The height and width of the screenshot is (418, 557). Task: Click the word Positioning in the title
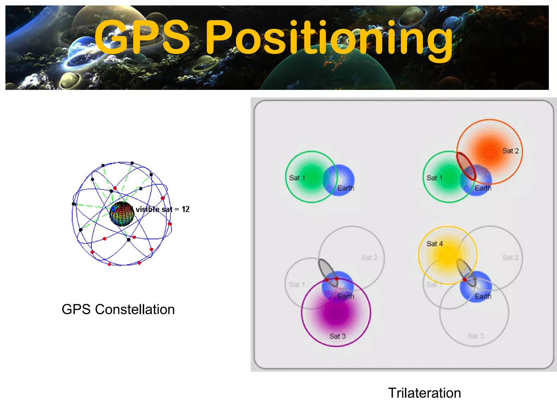coord(329,38)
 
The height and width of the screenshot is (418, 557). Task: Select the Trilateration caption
coord(424,393)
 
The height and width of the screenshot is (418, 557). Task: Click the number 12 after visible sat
coord(185,209)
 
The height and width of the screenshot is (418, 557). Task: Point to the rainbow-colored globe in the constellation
coord(122,214)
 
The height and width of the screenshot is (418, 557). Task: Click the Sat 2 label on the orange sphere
coord(510,151)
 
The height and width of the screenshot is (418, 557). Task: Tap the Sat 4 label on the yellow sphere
coord(434,244)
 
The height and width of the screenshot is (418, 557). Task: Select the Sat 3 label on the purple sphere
coord(337,336)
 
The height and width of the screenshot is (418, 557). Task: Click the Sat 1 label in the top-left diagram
coord(297,178)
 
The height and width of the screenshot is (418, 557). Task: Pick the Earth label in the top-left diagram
coord(346,188)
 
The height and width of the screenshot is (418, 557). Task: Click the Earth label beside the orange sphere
coord(483,188)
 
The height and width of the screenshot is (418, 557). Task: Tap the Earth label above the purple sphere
coord(346,296)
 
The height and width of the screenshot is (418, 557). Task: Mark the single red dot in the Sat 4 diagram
coord(465,279)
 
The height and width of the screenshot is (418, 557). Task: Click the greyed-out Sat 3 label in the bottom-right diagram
coord(475,336)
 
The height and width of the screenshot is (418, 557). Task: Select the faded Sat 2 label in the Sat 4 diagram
coord(510,257)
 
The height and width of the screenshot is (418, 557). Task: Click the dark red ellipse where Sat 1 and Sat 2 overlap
coord(466,166)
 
